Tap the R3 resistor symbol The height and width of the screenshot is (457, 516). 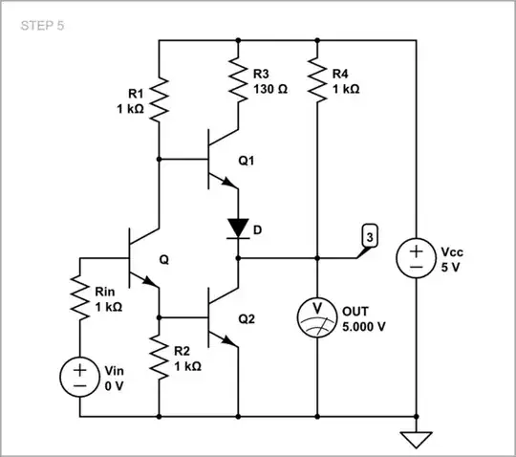tap(237, 78)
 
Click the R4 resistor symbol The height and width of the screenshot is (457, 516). tap(316, 78)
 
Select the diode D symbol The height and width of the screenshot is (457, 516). tap(237, 228)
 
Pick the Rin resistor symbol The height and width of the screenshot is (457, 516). tap(79, 297)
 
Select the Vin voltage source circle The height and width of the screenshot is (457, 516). tap(79, 376)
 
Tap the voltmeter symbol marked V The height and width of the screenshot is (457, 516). tap(316, 311)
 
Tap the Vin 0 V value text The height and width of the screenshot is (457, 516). tap(112, 385)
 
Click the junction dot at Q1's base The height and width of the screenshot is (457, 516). tap(158, 159)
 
